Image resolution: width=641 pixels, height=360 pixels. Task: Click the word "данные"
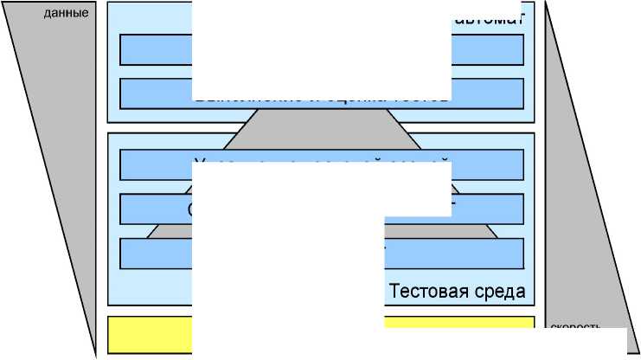[x=66, y=14]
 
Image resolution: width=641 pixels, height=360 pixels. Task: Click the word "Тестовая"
[x=426, y=291]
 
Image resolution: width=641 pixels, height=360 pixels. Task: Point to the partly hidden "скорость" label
[x=574, y=328]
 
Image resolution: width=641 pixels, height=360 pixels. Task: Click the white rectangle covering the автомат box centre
[x=321, y=48]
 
